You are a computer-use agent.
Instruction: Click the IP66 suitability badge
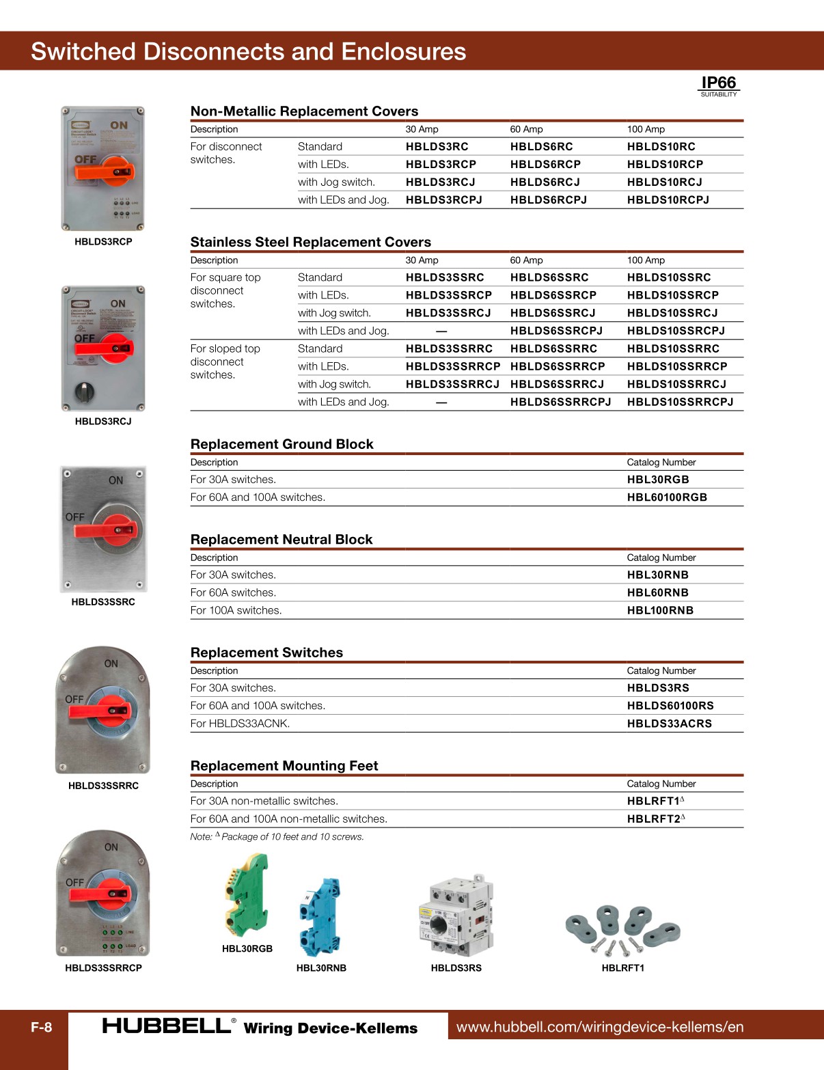[719, 85]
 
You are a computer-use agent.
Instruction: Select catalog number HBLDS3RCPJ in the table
[443, 200]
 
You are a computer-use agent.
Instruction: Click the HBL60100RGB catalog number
[666, 497]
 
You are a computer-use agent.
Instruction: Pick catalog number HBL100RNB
[659, 611]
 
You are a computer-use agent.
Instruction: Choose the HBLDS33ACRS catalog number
[669, 724]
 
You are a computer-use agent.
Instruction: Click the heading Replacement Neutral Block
[281, 540]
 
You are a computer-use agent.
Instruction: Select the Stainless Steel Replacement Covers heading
[310, 242]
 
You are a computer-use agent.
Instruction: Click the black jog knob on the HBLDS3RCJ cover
[85, 392]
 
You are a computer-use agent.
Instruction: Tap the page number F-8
[41, 1027]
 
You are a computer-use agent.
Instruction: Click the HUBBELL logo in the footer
[167, 1026]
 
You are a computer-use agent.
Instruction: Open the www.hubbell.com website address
[599, 1027]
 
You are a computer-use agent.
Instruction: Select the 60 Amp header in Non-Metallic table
[526, 129]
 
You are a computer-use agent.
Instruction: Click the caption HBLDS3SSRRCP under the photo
[103, 968]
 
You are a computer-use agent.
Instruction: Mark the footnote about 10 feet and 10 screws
[277, 837]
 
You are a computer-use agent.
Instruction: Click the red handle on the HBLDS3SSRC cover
[109, 530]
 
